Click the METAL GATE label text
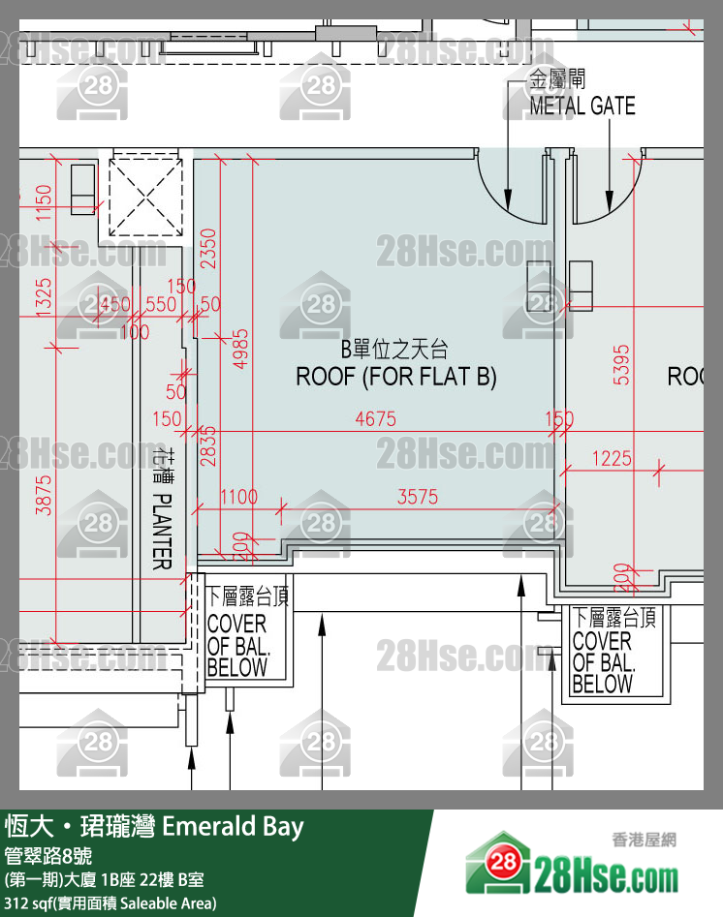tap(582, 106)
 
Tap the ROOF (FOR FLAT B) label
tap(395, 377)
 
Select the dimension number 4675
tap(375, 419)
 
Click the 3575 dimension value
tap(418, 497)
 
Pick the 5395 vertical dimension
tap(623, 364)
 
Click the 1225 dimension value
tap(612, 459)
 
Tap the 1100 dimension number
tap(238, 497)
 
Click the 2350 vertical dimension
tap(207, 250)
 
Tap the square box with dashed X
tap(144, 197)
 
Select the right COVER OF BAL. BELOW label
tap(605, 652)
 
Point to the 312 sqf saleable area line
tap(110, 903)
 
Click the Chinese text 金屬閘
tap(556, 79)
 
